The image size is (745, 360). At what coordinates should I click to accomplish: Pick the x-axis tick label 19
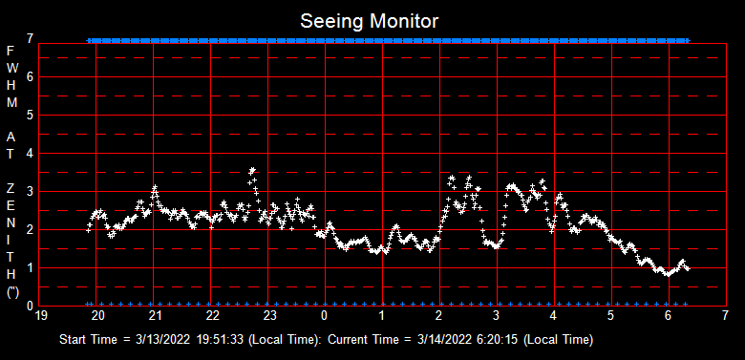point(40,314)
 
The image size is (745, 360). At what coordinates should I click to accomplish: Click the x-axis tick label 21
point(155,314)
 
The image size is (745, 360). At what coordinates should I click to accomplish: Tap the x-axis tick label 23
point(269,314)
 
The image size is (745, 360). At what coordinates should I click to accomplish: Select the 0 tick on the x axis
point(326,314)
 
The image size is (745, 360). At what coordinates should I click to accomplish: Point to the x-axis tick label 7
point(726,314)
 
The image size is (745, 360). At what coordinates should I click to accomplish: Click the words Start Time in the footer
point(91,340)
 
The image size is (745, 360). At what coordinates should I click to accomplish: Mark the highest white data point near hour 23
point(252,170)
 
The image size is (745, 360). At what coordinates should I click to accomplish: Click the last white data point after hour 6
point(687,268)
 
